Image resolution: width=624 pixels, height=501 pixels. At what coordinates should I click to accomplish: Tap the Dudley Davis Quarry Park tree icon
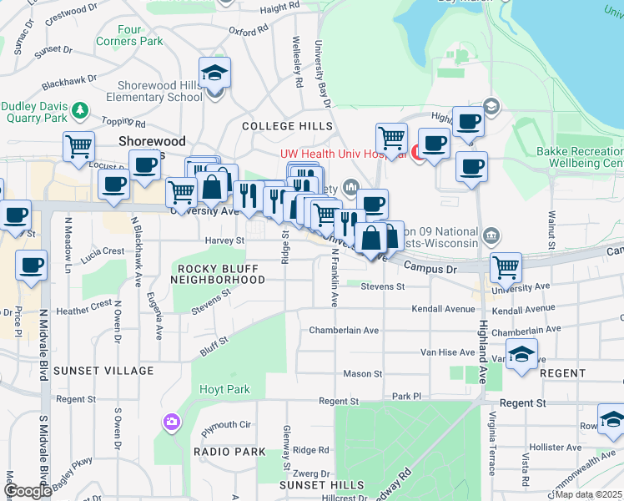click(x=81, y=109)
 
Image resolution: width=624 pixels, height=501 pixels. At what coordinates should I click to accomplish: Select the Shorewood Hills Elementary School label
click(x=160, y=91)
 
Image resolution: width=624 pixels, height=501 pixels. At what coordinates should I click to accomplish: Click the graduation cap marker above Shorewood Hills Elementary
click(x=215, y=73)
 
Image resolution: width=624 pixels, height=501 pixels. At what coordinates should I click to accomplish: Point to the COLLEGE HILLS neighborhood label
click(x=275, y=125)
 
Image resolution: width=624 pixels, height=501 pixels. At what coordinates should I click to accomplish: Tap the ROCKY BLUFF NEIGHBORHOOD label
click(x=218, y=274)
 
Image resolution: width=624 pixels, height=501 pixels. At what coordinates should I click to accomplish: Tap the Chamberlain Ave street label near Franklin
click(x=344, y=330)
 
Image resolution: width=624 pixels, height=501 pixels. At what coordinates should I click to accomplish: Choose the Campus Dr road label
click(x=432, y=269)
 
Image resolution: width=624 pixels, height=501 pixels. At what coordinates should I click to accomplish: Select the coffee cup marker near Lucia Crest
click(x=32, y=266)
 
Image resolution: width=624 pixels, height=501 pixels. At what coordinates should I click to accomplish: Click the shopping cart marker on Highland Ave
click(x=506, y=267)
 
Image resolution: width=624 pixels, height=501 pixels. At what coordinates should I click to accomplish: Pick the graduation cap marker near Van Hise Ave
click(x=521, y=353)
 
